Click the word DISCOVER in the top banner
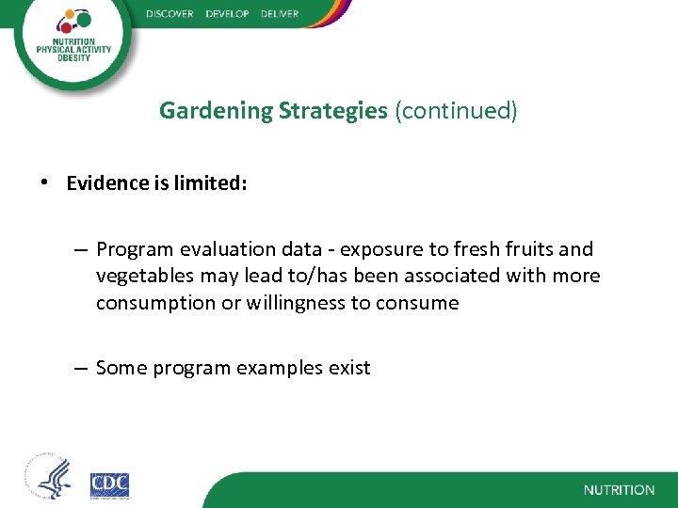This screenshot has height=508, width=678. [x=169, y=14]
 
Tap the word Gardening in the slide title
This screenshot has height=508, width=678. [x=217, y=111]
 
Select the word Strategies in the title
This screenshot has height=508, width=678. [x=333, y=111]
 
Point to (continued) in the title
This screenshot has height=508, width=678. [x=456, y=111]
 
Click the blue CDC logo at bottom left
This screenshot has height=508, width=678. [x=109, y=484]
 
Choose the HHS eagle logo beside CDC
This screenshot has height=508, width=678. [x=49, y=480]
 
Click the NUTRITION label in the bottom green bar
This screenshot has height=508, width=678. [x=618, y=490]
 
